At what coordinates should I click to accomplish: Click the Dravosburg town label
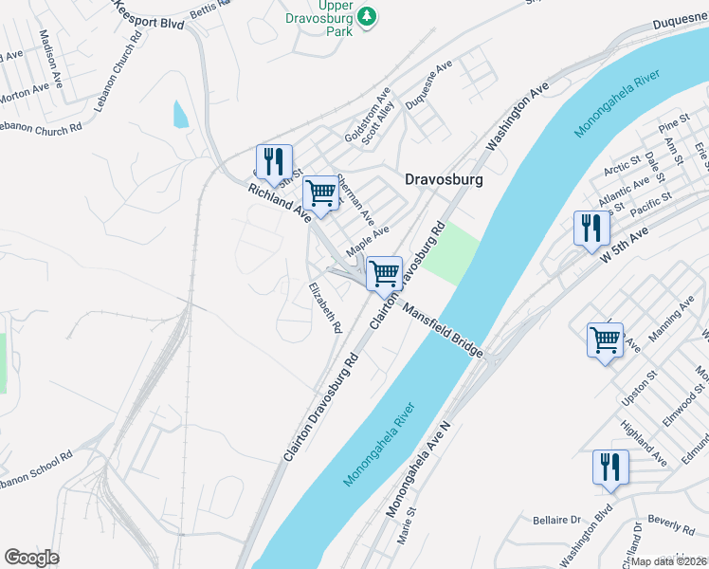pyautogui.click(x=444, y=178)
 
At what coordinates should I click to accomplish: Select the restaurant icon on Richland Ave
pyautogui.click(x=274, y=161)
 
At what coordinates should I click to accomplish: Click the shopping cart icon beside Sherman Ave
pyautogui.click(x=321, y=193)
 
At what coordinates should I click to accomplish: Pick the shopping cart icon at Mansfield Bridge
pyautogui.click(x=384, y=273)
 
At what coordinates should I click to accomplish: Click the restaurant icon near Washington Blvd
pyautogui.click(x=610, y=467)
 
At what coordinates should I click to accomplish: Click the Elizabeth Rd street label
pyautogui.click(x=324, y=307)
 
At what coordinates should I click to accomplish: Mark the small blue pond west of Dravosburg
pyautogui.click(x=180, y=114)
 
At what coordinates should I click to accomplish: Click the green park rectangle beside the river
pyautogui.click(x=449, y=252)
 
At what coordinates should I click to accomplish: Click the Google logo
pyautogui.click(x=31, y=557)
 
